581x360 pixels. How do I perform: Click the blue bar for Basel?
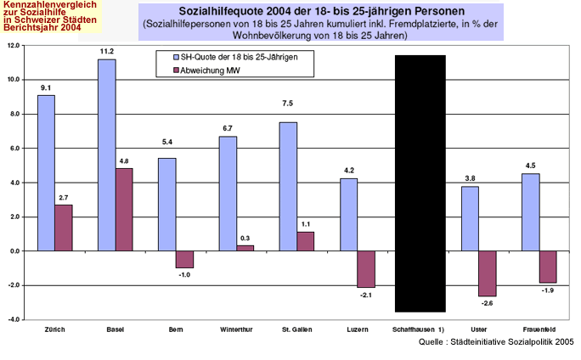point(107,155)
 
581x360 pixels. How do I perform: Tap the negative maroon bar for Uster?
point(487,273)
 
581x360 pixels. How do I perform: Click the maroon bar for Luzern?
point(366,269)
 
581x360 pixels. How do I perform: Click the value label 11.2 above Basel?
point(106,51)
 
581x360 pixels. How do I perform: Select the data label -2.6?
point(487,303)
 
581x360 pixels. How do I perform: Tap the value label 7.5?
point(288,103)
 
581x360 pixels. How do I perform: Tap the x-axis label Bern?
point(176,329)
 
